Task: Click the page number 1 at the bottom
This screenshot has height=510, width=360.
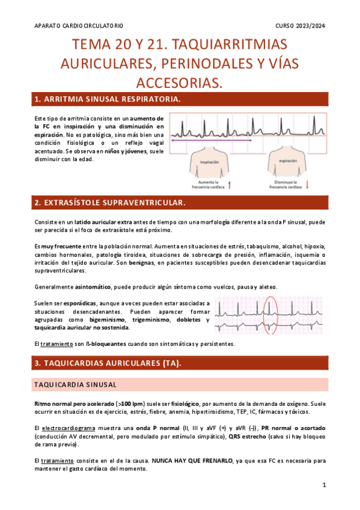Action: (x=324, y=485)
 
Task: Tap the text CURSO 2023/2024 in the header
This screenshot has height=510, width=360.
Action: (x=300, y=26)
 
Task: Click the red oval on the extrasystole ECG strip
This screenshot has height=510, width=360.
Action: (x=271, y=316)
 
